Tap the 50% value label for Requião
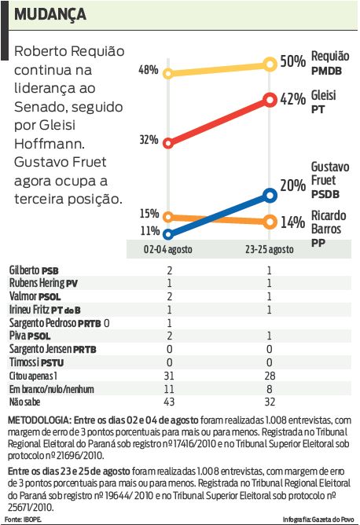click(292, 61)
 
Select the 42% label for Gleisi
click(292, 99)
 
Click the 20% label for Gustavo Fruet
click(292, 186)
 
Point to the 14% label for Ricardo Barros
click(292, 222)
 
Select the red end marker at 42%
click(270, 100)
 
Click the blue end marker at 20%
click(270, 194)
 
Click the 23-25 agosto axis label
click(270, 249)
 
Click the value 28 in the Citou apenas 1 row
click(270, 377)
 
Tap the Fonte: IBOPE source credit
click(23, 519)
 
